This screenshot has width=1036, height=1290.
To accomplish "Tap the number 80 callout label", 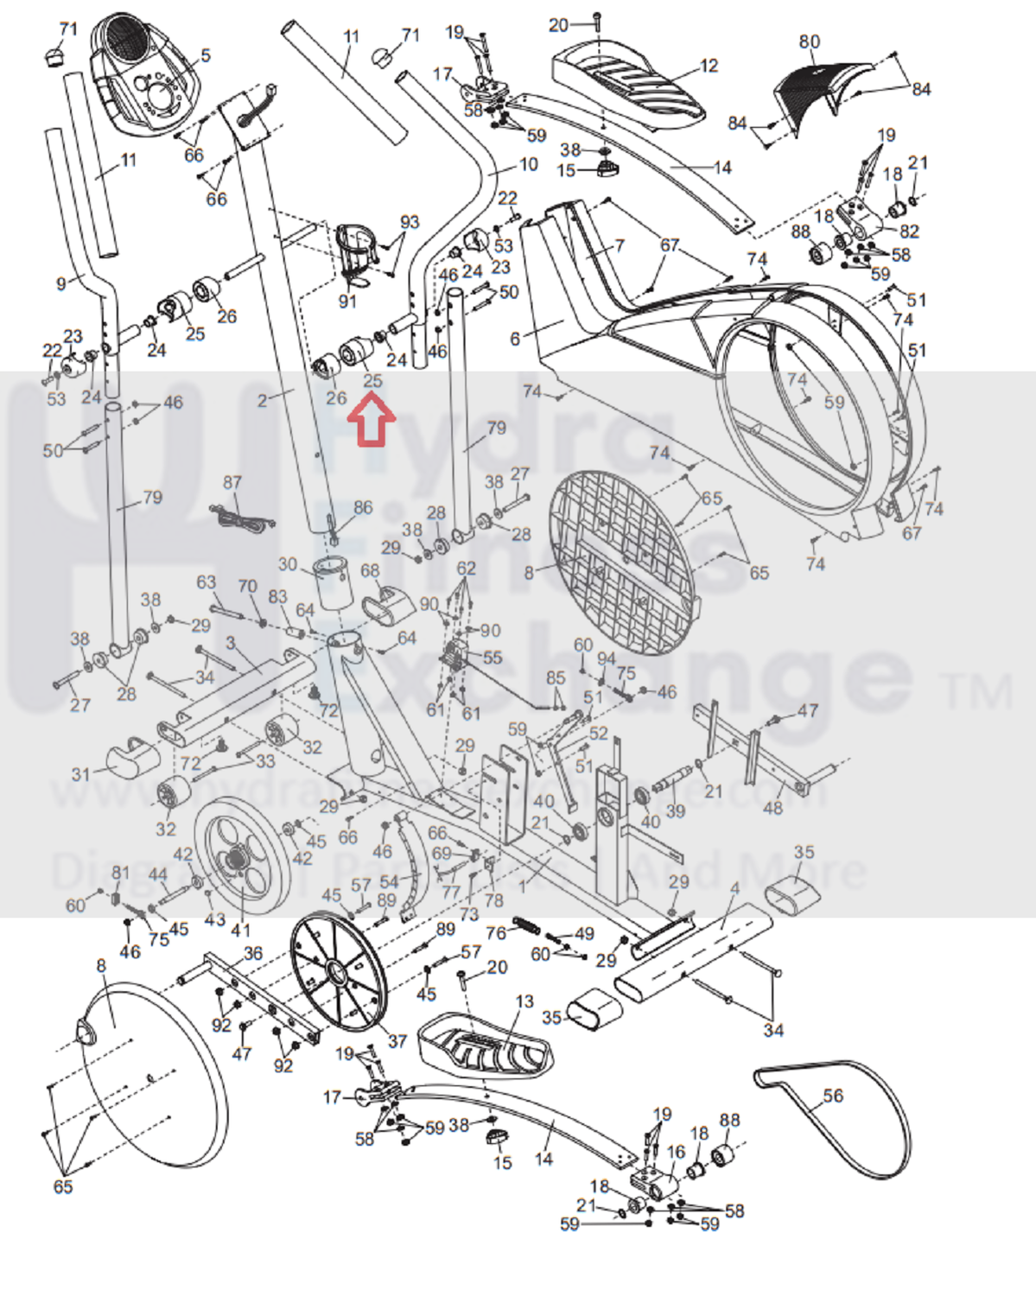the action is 809,41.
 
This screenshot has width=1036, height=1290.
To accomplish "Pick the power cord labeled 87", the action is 242,519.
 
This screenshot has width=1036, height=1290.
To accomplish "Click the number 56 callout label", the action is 832,1096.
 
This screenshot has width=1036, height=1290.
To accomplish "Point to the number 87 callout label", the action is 232,482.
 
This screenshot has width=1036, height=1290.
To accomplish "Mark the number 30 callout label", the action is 288,565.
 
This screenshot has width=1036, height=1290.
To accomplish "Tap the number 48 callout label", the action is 772,807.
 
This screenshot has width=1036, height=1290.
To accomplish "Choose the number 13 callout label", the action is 524,1001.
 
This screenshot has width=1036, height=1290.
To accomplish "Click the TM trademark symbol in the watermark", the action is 978,691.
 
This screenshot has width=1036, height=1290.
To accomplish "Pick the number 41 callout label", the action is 240,930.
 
